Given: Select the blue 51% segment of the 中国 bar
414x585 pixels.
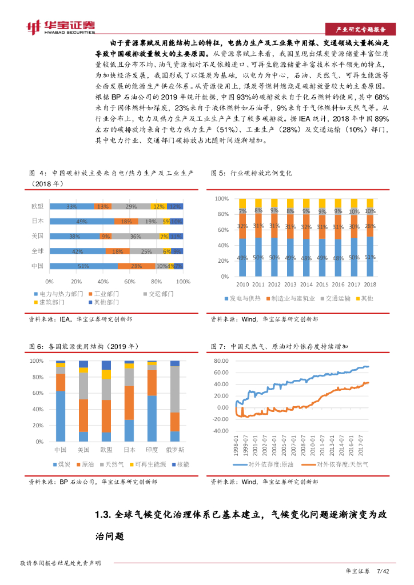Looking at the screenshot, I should [x=83, y=266].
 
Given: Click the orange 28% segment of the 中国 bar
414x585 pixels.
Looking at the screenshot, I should [x=136, y=266].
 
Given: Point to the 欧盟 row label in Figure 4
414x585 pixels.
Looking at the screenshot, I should [x=37, y=206].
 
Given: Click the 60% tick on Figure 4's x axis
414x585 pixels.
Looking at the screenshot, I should [x=129, y=282].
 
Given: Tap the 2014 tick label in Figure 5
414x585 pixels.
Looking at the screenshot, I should [x=306, y=284].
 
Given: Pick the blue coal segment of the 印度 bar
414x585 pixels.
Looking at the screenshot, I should [x=152, y=418].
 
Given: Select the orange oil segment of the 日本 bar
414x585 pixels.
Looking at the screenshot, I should [x=129, y=403].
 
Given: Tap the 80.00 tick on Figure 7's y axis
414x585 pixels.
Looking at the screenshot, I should [x=220, y=361].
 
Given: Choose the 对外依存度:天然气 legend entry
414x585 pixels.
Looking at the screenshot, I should [x=342, y=464].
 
